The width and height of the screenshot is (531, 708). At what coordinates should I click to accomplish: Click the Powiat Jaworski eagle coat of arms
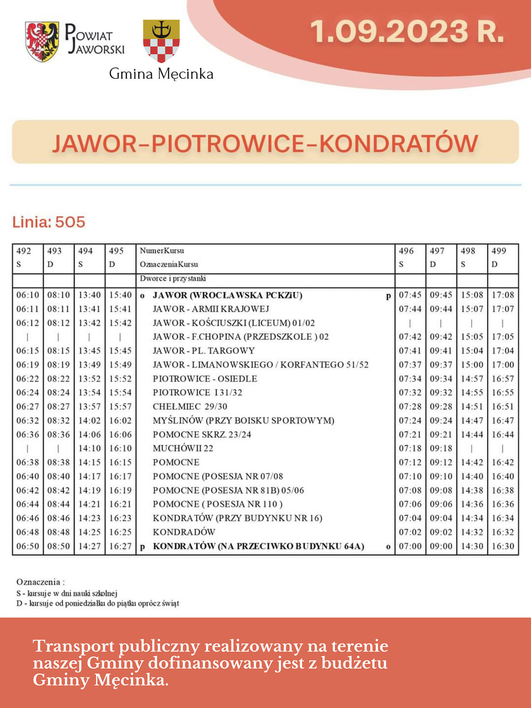pyautogui.click(x=42, y=42)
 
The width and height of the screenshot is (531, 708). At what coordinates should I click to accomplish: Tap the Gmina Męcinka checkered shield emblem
pyautogui.click(x=161, y=41)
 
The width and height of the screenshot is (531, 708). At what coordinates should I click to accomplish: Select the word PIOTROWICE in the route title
pyautogui.click(x=228, y=143)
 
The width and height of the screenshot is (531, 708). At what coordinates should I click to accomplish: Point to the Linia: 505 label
pyautogui.click(x=49, y=222)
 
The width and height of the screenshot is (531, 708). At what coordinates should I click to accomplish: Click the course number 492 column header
pyautogui.click(x=24, y=251)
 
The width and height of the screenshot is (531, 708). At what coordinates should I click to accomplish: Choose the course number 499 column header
pyautogui.click(x=499, y=251)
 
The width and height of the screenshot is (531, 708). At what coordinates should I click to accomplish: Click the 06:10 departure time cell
pyautogui.click(x=28, y=295)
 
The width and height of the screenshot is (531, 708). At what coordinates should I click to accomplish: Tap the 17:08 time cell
pyautogui.click(x=503, y=295)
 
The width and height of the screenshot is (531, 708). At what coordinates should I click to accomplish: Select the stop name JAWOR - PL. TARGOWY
pyautogui.click(x=204, y=350)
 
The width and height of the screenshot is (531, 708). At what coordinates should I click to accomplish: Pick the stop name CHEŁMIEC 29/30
pyautogui.click(x=190, y=406)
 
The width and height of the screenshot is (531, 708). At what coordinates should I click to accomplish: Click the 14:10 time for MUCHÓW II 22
pyautogui.click(x=89, y=448)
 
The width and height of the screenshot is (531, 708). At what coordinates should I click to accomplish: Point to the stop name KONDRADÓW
pyautogui.click(x=184, y=532)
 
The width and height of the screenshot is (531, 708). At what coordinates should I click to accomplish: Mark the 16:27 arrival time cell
pyautogui.click(x=120, y=546)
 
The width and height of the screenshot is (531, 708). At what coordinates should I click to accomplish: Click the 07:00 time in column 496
pyautogui.click(x=410, y=546)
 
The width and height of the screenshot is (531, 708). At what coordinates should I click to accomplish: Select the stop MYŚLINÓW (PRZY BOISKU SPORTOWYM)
pyautogui.click(x=243, y=420)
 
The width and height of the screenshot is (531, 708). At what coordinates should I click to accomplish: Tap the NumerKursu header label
pyautogui.click(x=162, y=251)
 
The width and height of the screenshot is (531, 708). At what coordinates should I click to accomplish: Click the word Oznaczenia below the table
pyautogui.click(x=38, y=582)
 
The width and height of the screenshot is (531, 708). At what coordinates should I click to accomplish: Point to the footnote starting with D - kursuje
pyautogui.click(x=98, y=603)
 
